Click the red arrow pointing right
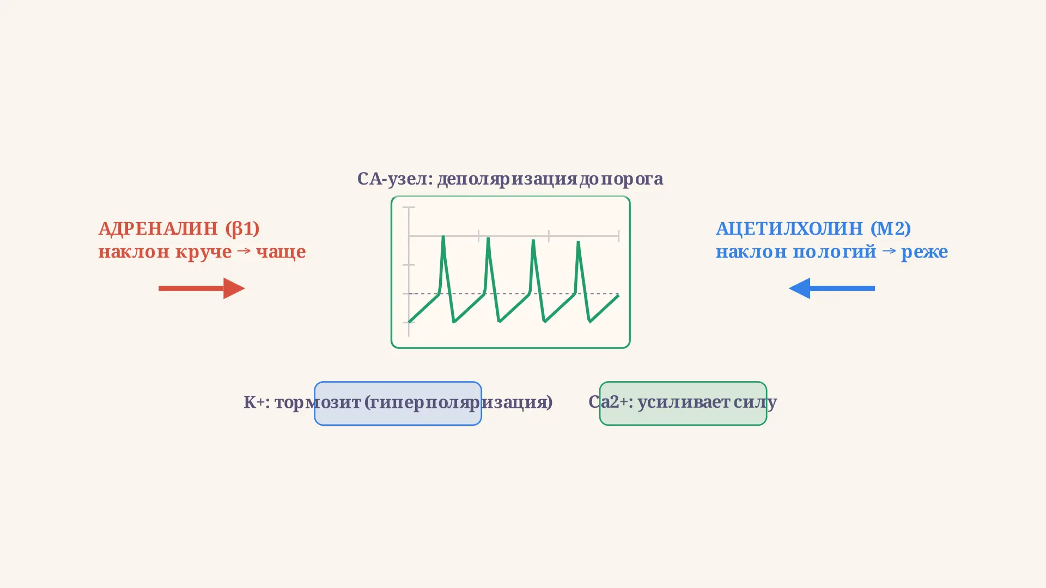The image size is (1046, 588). click(x=202, y=288)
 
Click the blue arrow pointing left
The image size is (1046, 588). click(x=832, y=288)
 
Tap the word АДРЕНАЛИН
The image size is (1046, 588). click(x=158, y=229)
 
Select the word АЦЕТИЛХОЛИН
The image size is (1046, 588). click(x=789, y=229)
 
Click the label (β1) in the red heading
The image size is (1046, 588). click(x=242, y=229)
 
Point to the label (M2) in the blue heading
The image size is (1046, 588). click(x=891, y=229)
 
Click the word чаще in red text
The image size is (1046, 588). click(x=281, y=252)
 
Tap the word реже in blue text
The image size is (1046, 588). click(x=925, y=252)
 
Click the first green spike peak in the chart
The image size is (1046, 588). click(x=443, y=236)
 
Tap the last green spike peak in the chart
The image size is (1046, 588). click(x=578, y=242)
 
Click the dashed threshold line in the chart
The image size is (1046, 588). click(x=514, y=293)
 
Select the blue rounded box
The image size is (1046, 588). click(x=398, y=382)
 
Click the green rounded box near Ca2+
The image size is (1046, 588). click(x=683, y=382)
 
